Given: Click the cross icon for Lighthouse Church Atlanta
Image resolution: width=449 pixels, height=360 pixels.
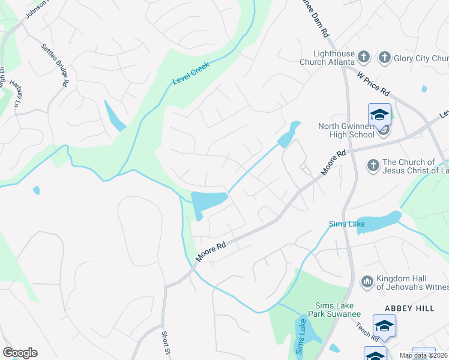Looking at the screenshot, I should [x=363, y=58].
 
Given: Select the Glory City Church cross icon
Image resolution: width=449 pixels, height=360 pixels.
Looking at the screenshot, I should [x=384, y=58].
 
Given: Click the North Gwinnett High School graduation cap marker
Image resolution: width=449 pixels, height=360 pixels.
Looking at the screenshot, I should [x=379, y=114].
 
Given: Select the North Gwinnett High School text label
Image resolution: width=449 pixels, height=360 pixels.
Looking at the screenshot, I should [x=346, y=130].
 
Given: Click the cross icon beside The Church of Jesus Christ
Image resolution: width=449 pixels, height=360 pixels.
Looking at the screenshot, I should [x=373, y=166].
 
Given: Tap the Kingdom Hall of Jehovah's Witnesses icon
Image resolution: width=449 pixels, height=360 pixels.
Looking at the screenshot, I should [x=367, y=281].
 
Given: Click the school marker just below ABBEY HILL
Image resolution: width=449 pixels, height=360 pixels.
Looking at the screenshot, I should [x=384, y=326].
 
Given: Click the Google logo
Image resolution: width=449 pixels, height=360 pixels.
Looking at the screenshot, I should [x=20, y=353].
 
